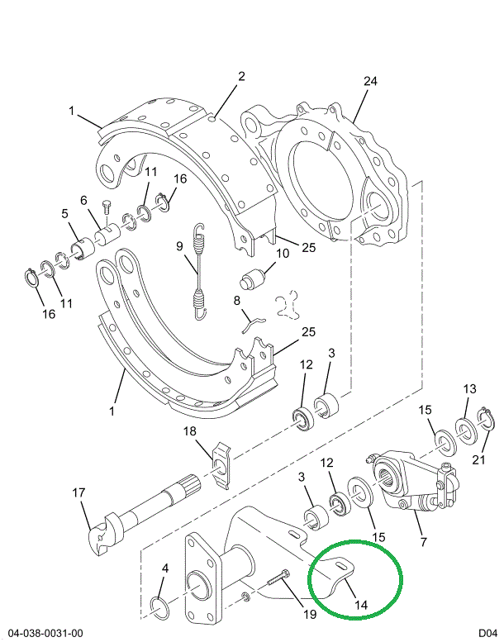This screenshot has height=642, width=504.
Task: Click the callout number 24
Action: [369, 81]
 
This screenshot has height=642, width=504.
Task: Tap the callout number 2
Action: [241, 77]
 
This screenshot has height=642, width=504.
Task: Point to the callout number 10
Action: [283, 254]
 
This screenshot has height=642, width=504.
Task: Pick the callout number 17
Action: [78, 493]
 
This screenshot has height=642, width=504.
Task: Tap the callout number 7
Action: [423, 542]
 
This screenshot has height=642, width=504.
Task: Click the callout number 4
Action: [165, 568]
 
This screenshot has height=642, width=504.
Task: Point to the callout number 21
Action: [479, 459]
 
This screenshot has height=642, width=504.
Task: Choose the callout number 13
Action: [470, 389]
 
